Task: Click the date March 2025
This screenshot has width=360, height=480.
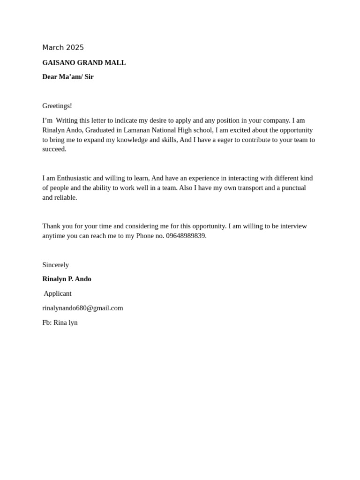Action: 63,47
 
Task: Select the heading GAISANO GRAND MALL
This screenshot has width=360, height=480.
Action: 84,63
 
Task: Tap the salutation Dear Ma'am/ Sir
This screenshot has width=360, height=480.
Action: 67,77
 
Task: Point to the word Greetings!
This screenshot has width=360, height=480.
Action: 57,106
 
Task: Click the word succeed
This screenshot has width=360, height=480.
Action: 54,149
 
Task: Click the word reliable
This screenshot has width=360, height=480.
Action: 66,197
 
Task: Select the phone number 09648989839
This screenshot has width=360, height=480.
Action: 186,236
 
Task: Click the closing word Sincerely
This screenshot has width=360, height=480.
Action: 55,265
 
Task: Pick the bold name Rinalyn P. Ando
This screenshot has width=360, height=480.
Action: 67,279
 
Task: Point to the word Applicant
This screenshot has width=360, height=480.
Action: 58,293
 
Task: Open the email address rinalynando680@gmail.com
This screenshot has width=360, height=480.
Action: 82,308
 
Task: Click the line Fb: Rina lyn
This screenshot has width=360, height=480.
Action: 60,322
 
